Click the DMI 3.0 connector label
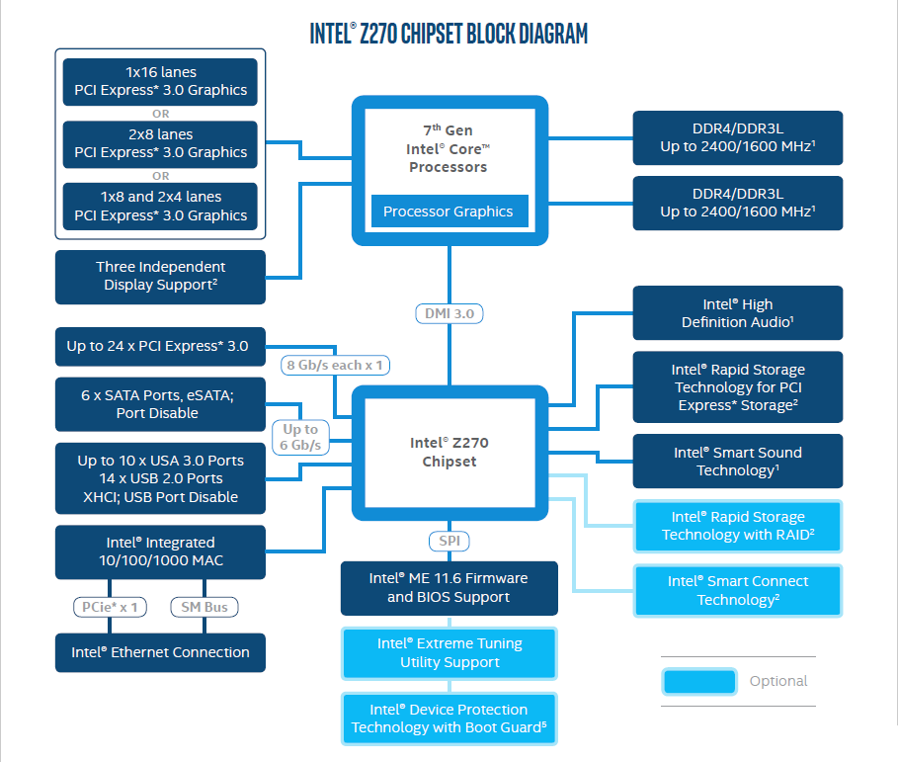pos(449,313)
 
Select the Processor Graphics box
pos(449,212)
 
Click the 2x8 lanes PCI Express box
pos(160,143)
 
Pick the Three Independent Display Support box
pos(160,276)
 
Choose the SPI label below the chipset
pos(449,541)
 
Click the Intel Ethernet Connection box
pos(160,652)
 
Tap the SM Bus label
pos(204,606)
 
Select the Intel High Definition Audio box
pos(737,313)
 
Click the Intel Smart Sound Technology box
pos(737,462)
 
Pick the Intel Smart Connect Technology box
pos(737,591)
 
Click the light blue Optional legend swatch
pos(699,681)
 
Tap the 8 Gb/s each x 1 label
pos(336,365)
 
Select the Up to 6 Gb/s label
pos(300,437)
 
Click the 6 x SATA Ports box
pos(160,403)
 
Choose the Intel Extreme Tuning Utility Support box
pos(449,653)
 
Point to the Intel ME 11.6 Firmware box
pos(449,588)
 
